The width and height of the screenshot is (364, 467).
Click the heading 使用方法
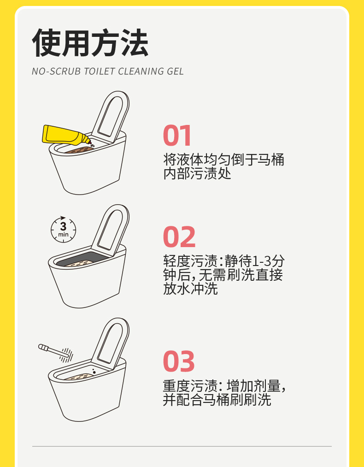(x=90, y=43)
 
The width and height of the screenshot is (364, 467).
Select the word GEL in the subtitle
(x=175, y=71)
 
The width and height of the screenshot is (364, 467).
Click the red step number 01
(x=177, y=136)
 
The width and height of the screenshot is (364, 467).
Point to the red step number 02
(x=179, y=237)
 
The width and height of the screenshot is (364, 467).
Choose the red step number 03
(x=179, y=361)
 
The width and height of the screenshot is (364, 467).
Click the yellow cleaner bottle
(x=66, y=136)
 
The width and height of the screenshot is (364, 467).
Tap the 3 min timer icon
(x=63, y=230)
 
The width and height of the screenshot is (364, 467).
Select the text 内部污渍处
(x=197, y=174)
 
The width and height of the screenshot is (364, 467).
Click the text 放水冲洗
(x=190, y=289)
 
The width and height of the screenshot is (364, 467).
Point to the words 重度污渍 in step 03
(x=190, y=386)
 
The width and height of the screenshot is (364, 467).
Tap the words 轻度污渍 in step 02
(x=190, y=261)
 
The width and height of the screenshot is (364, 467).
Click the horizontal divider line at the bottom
(x=182, y=446)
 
